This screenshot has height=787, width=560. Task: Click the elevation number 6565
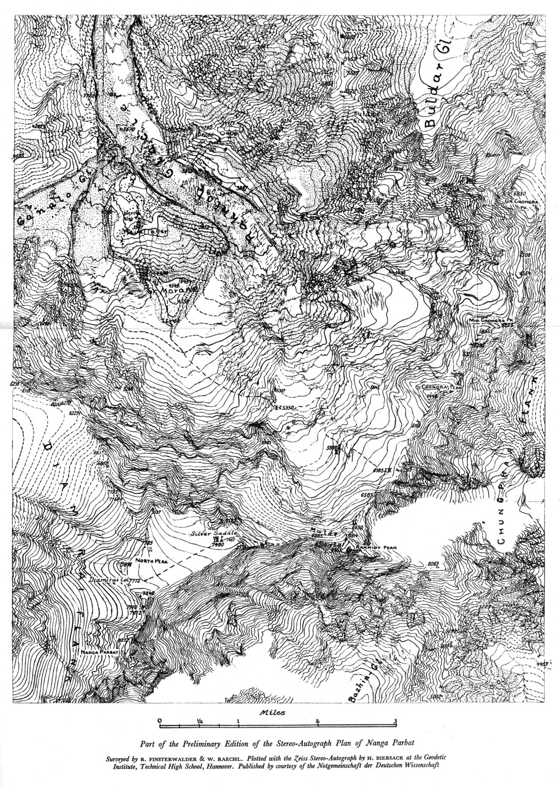click(x=368, y=495)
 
